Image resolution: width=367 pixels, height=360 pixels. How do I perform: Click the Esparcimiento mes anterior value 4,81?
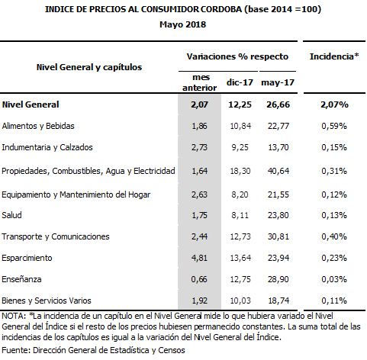click(x=199, y=258)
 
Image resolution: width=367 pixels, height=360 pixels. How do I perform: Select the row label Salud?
click(x=11, y=215)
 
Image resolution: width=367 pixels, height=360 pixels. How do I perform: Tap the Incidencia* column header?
click(x=334, y=56)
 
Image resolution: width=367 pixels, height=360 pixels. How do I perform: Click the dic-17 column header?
click(x=240, y=82)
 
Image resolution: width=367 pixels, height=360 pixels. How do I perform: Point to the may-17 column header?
click(x=278, y=82)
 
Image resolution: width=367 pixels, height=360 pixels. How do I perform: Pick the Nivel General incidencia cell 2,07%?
click(x=334, y=104)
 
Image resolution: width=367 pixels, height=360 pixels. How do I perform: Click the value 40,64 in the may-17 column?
click(x=278, y=171)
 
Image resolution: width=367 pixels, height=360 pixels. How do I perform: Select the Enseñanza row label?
click(x=21, y=279)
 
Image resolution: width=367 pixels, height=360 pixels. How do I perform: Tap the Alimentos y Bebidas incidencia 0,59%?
click(x=334, y=126)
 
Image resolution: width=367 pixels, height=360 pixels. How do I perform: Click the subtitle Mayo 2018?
click(x=182, y=24)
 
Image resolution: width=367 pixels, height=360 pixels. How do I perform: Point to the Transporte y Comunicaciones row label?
click(x=56, y=236)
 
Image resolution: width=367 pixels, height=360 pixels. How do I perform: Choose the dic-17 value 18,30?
click(x=240, y=171)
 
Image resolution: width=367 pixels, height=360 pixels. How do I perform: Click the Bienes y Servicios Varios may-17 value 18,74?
click(x=278, y=301)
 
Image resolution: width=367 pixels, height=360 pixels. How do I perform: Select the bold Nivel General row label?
click(x=31, y=104)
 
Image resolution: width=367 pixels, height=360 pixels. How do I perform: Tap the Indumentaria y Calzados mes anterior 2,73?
click(x=199, y=147)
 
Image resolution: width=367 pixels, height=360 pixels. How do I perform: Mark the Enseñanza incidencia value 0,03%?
click(x=334, y=279)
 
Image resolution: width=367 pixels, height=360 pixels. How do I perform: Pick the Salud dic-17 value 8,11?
click(x=240, y=215)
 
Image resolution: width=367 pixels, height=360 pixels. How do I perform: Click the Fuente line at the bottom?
click(x=93, y=350)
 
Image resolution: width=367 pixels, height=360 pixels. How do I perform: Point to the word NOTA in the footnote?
click(x=14, y=316)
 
